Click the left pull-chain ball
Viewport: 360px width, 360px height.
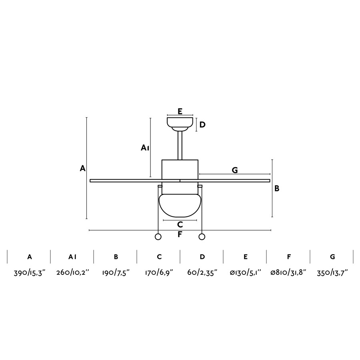pos(158,237)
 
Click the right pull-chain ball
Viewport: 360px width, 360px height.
pos(202,237)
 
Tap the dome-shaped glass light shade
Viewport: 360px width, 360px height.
pos(180,206)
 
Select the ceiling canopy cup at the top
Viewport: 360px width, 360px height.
pos(180,124)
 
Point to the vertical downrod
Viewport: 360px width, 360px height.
pos(180,146)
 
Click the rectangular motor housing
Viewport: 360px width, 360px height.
pos(180,170)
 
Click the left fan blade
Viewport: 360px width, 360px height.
pos(135,181)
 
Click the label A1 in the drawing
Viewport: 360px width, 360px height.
pos(145,148)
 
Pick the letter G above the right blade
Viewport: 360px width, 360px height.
pos(235,170)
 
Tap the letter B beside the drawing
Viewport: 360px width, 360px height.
pos(277,188)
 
